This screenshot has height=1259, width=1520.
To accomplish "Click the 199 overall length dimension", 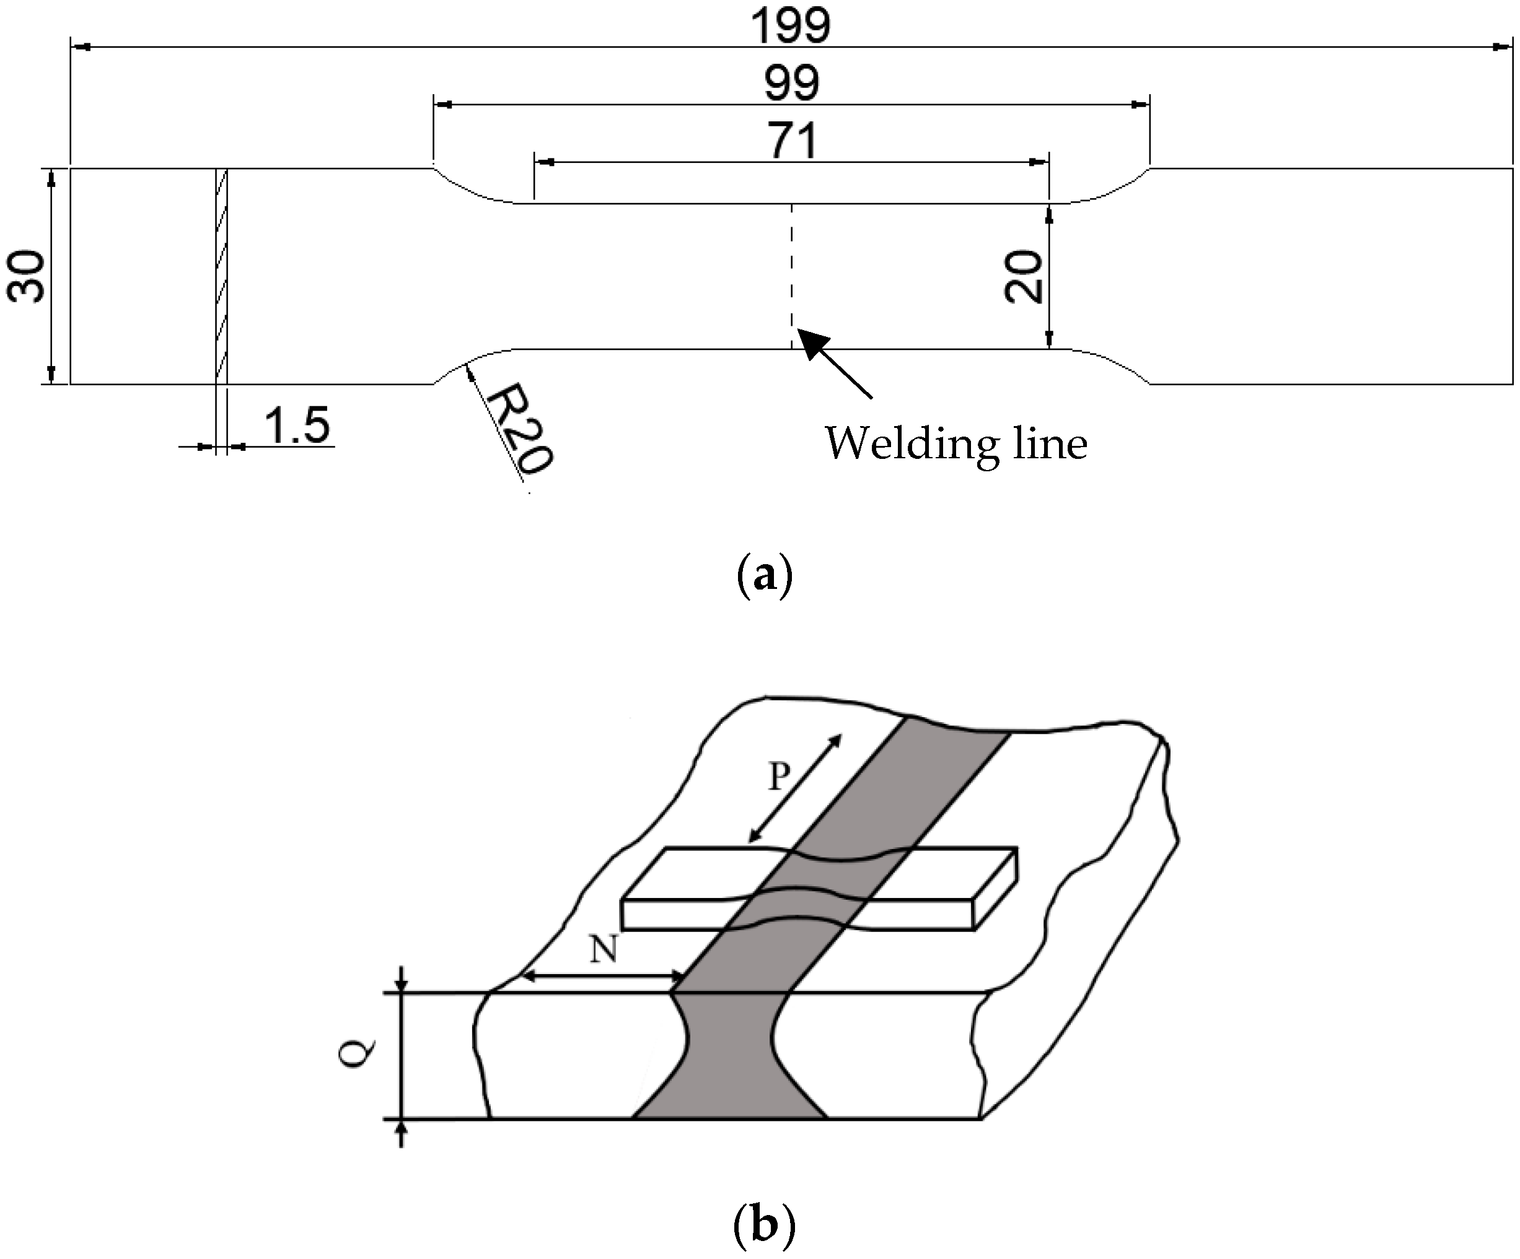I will pos(791,26).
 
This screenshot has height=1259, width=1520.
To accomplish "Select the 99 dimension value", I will pos(791,84).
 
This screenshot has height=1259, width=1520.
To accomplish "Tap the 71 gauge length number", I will pos(793,141).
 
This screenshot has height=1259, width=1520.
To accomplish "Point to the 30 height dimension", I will pos(26,276).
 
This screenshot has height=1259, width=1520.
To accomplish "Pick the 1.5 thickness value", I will pos(297,425).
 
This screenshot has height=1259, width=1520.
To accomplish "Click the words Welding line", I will pos(956,443).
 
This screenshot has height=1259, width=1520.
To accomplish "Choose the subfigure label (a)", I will pos(763,577).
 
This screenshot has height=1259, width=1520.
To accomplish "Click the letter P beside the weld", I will pos(779,777).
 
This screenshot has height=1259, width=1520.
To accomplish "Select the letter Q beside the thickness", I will pos(358,1054).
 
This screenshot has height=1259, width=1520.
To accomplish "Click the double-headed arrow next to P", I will pos(796,789).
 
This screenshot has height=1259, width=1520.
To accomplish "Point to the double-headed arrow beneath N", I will pos(603,977).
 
